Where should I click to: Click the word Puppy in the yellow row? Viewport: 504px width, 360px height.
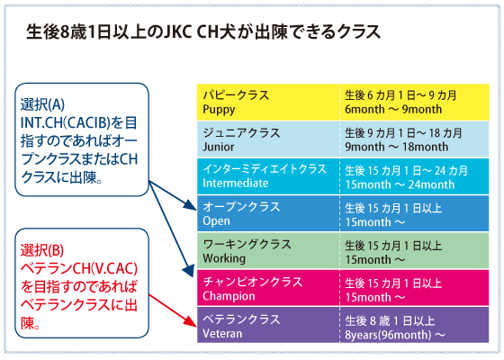tap(219, 110)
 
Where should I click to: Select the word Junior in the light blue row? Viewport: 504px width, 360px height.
tap(218, 147)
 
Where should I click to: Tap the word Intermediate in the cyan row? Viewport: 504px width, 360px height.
tap(235, 184)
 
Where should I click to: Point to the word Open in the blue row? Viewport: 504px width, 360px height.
tap(216, 221)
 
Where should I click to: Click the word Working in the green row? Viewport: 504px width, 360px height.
tap(224, 259)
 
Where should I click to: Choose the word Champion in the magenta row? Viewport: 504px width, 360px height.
tap(229, 296)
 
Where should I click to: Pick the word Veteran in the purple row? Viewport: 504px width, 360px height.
tap(222, 333)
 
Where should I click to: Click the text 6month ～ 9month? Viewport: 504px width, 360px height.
tap(393, 109)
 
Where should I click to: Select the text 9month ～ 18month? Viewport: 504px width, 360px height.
tap(396, 147)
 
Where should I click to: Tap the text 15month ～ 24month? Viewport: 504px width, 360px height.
tap(400, 184)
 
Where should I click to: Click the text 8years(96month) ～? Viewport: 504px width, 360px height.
tap(395, 335)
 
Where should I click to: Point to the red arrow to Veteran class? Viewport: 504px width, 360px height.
tap(173, 310)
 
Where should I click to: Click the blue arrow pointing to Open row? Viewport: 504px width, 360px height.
tap(173, 196)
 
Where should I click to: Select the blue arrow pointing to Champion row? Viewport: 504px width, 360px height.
tap(172, 229)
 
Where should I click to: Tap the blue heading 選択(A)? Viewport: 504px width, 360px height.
tap(42, 104)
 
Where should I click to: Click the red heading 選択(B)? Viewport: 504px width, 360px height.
tap(42, 250)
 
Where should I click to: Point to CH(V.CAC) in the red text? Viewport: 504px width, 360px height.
tap(105, 269)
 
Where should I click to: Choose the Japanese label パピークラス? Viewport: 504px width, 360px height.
tap(236, 95)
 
